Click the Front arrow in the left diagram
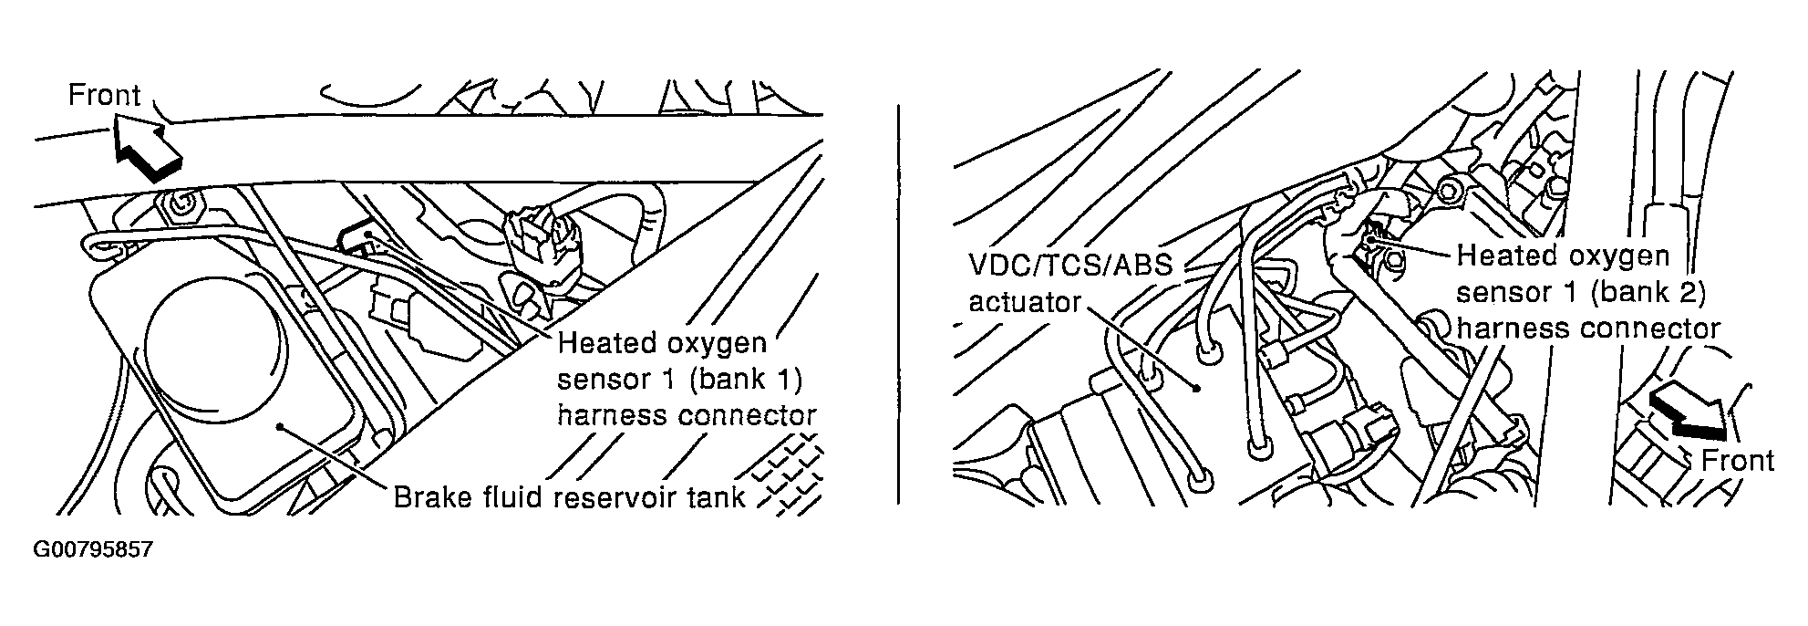[x=146, y=149]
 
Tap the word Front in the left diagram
[x=105, y=96]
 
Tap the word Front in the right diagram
[x=1738, y=461]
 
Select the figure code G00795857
[x=92, y=551]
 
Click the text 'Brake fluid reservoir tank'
[x=570, y=497]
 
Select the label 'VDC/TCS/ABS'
[x=1069, y=266]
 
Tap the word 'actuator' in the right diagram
[x=1025, y=302]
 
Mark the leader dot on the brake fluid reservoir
[x=285, y=425]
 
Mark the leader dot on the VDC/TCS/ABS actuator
[x=1196, y=387]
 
